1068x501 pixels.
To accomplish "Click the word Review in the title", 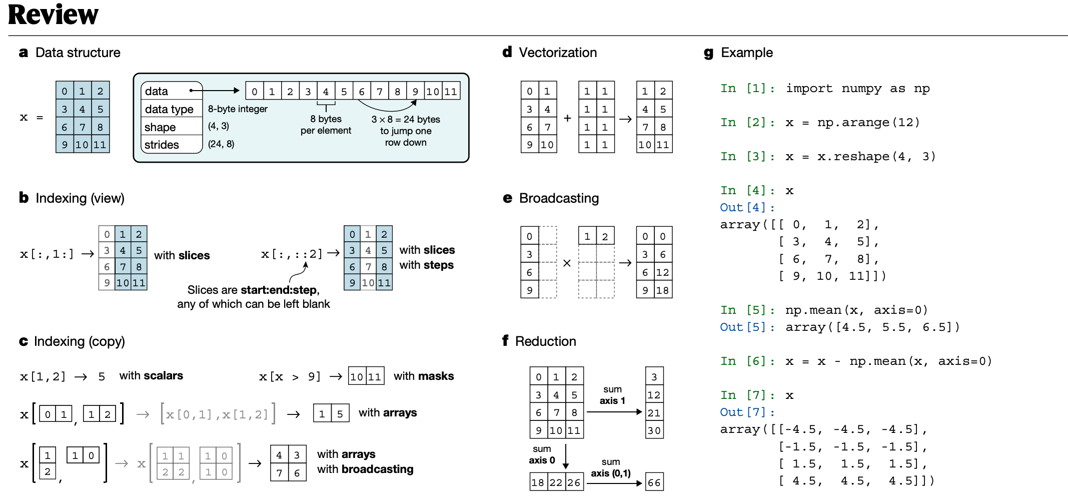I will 54,15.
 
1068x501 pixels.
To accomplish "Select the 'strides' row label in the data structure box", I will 162,145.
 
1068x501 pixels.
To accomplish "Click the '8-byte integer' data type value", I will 238,109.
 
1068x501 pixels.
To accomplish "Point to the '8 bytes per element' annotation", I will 326,125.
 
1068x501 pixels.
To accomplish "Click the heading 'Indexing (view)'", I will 80,198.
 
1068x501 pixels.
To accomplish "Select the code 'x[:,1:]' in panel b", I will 47,254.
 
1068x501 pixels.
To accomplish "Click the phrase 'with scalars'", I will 151,376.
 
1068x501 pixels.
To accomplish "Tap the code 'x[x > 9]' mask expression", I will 290,377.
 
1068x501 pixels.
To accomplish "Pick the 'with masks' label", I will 424,376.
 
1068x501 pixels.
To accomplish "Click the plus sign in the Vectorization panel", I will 567,119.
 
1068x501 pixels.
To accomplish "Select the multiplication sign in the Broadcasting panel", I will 567,263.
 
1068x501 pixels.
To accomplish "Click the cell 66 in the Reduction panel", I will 654,482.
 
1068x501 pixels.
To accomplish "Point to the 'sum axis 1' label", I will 612,395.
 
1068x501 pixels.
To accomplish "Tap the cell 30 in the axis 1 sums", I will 654,430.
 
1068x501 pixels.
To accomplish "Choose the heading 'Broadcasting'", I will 559,198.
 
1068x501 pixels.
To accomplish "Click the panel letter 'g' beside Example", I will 708,53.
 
